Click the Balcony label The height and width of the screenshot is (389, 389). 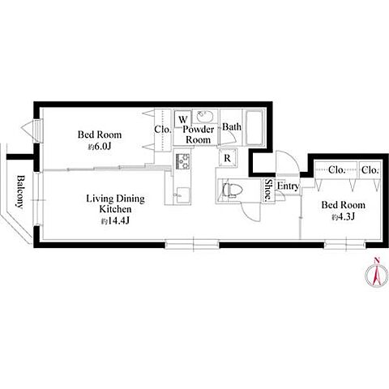(x=19, y=192)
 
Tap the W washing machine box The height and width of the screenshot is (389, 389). (x=183, y=119)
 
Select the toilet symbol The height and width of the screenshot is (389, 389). (x=232, y=190)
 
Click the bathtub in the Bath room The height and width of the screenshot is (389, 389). (x=254, y=127)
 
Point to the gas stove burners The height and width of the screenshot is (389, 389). (x=183, y=161)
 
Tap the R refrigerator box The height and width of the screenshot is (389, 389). (x=228, y=158)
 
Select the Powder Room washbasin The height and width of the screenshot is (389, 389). (x=205, y=117)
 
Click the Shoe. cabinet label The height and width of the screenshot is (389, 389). (x=268, y=190)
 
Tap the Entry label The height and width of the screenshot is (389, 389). (x=288, y=186)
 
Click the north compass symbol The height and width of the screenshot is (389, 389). (x=377, y=274)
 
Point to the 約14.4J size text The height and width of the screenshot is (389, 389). (x=115, y=221)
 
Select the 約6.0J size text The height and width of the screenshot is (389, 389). (x=100, y=147)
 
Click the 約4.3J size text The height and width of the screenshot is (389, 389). (x=343, y=216)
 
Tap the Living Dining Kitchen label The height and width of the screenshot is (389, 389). (x=115, y=203)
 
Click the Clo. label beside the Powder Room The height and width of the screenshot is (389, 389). (x=163, y=130)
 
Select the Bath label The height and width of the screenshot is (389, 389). (x=232, y=126)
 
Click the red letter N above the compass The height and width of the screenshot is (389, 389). (x=377, y=260)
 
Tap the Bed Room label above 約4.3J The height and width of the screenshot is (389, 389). (x=343, y=205)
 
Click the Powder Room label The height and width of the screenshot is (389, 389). (x=199, y=135)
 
